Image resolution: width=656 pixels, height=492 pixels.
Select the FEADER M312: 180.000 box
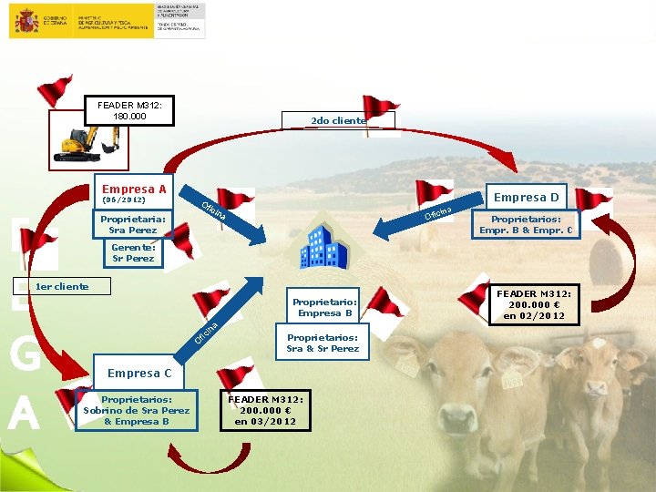pos(128,111)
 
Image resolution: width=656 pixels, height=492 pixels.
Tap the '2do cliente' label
pos(339,120)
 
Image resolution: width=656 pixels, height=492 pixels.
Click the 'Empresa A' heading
pos(134,190)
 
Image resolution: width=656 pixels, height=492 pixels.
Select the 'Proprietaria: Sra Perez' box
pos(134,224)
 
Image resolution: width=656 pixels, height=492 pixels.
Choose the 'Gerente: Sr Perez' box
pos(133,252)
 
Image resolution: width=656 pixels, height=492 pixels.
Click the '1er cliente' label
pos(62,287)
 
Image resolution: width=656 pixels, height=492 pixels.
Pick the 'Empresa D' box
pos(526,198)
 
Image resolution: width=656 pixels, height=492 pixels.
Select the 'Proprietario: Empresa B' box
pos(325,307)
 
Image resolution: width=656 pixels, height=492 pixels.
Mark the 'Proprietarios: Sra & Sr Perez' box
pos(323,343)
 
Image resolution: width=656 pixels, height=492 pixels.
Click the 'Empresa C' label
pos(139,373)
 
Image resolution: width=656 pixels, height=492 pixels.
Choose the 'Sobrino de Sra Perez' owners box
pos(137,410)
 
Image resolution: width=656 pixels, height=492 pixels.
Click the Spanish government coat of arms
pos(24,21)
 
